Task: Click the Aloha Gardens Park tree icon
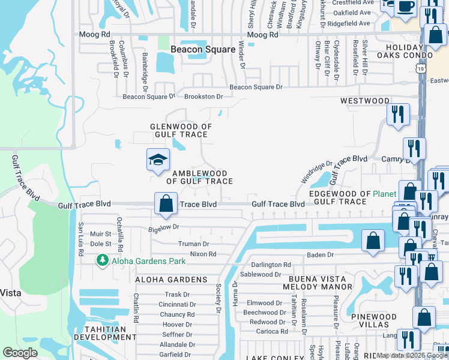click(x=103, y=260)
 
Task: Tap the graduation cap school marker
click(x=158, y=160)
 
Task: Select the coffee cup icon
click(x=406, y=6)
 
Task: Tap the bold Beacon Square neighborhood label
click(x=202, y=50)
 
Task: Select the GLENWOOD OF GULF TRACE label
click(x=181, y=131)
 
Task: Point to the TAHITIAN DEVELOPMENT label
click(x=100, y=334)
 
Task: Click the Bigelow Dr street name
click(x=164, y=228)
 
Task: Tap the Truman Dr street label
click(x=193, y=244)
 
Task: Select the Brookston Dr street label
click(x=203, y=96)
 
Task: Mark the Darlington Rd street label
click(x=271, y=265)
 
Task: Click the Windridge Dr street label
click(x=316, y=172)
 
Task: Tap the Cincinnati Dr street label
click(x=176, y=304)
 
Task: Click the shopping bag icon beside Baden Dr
click(x=373, y=240)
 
